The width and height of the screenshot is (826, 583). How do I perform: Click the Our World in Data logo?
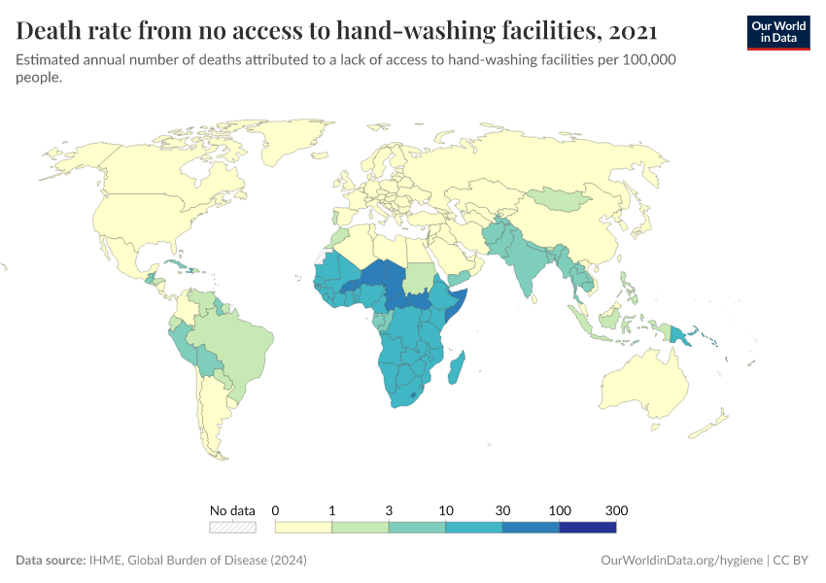pyautogui.click(x=777, y=31)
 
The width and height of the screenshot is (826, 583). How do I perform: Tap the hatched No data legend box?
pyautogui.click(x=233, y=527)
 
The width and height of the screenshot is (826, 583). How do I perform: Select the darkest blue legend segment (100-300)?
pyautogui.click(x=588, y=527)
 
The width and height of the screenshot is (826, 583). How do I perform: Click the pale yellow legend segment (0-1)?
pyautogui.click(x=303, y=527)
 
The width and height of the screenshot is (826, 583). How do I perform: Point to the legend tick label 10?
pyautogui.click(x=446, y=510)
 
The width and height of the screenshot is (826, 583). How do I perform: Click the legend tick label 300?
pyautogui.click(x=616, y=510)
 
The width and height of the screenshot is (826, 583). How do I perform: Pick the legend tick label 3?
pyautogui.click(x=389, y=510)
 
